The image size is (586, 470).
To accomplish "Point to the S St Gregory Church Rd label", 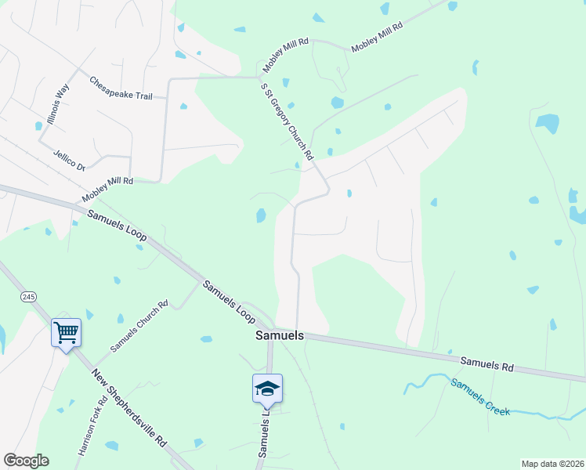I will [287, 123].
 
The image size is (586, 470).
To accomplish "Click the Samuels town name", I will [280, 335].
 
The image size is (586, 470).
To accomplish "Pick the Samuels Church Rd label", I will [139, 325].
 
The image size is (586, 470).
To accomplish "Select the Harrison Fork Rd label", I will [92, 427].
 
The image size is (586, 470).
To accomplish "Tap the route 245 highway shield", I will [29, 296].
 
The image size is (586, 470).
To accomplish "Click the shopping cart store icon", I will [66, 332].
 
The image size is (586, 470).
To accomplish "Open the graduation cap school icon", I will [266, 389].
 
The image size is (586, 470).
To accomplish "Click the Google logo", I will [26, 461].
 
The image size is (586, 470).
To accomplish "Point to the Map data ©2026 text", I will [552, 464].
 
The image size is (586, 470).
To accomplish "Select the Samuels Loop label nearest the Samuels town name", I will [230, 302].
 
